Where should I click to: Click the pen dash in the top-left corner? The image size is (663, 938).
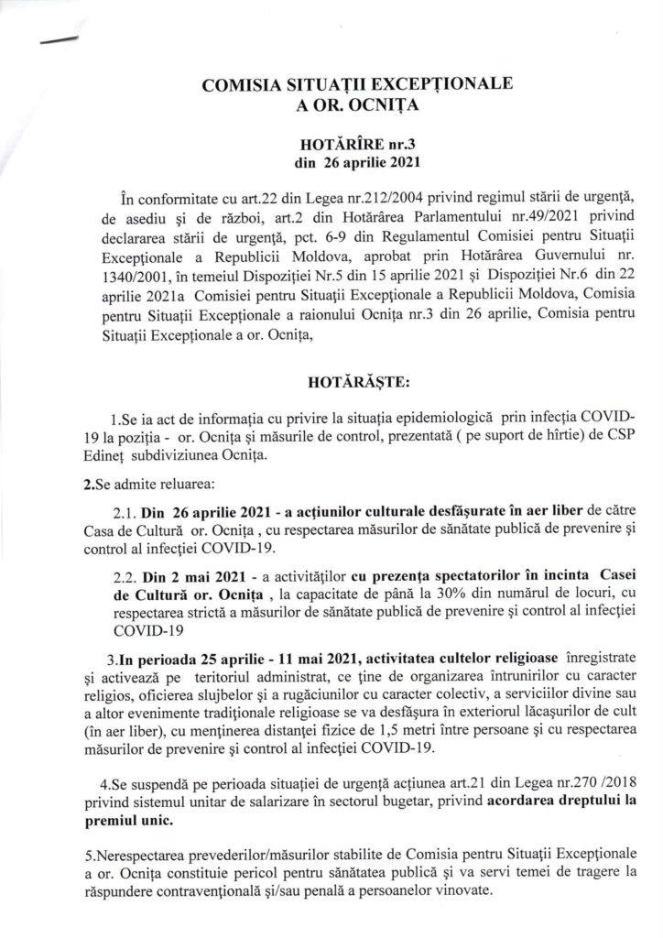[57, 38]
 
